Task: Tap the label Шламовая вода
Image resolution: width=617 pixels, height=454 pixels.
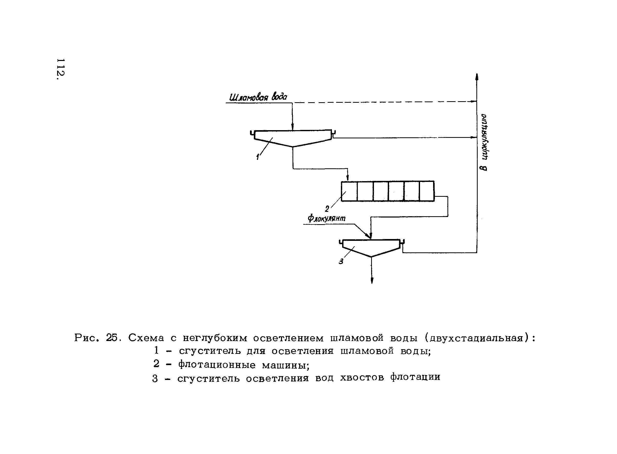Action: (x=258, y=97)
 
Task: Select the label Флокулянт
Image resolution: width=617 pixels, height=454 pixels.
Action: (x=326, y=218)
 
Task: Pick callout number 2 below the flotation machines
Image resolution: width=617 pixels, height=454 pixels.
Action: (x=327, y=209)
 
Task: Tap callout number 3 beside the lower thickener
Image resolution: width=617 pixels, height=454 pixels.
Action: (x=341, y=261)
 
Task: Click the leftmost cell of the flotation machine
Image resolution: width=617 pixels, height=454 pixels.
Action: (x=349, y=191)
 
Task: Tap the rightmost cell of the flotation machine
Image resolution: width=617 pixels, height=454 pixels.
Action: (x=427, y=191)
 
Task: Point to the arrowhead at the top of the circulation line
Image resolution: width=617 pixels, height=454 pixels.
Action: (x=477, y=77)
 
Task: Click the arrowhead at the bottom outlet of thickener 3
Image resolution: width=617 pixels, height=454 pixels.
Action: (x=372, y=281)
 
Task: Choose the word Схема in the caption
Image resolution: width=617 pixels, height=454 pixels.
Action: (x=146, y=338)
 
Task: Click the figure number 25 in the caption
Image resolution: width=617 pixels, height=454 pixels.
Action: (x=112, y=337)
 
